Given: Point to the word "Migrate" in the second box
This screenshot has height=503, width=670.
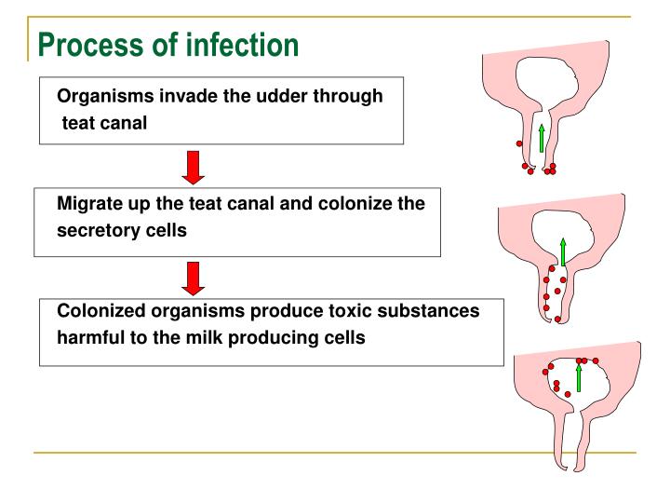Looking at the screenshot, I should pyautogui.click(x=89, y=203).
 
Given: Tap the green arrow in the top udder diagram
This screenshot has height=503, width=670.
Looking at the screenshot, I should pyautogui.click(x=541, y=137).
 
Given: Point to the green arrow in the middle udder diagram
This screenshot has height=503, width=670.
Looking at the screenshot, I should pyautogui.click(x=562, y=252).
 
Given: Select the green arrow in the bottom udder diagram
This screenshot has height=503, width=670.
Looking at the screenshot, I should pyautogui.click(x=579, y=376).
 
